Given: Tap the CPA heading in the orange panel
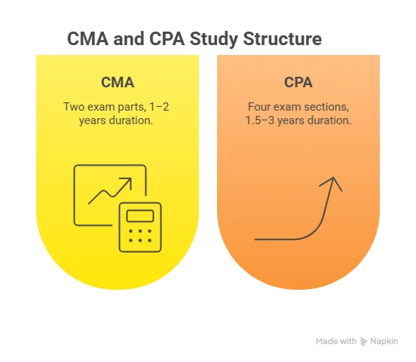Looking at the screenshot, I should pos(298,82).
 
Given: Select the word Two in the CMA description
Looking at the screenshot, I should pos(74,106).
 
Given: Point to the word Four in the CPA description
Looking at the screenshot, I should pos(260,106).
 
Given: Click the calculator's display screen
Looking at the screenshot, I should pos(141,216).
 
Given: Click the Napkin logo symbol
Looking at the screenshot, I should pos(364,342).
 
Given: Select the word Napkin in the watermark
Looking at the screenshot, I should pos(386,342).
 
